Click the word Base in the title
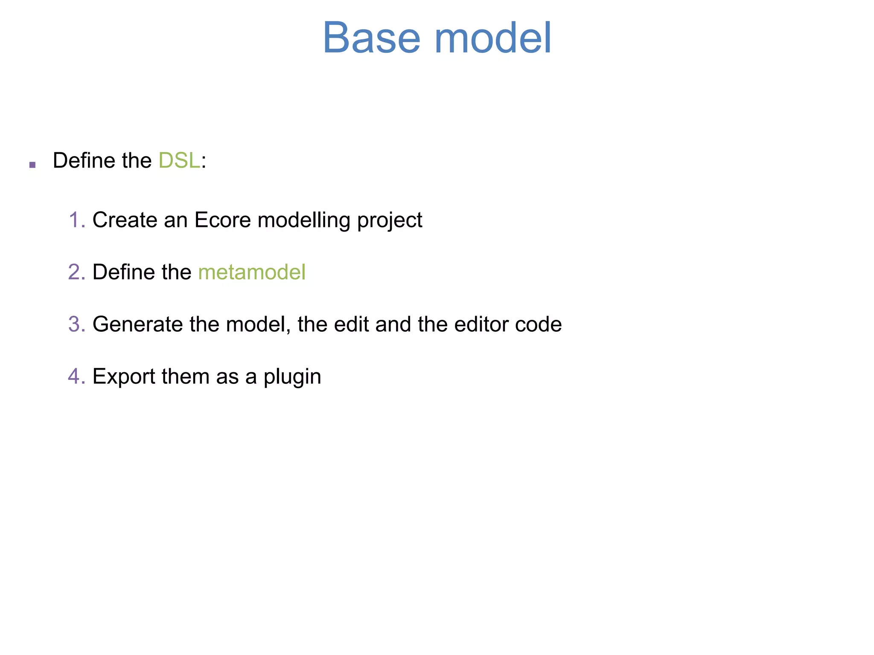pyautogui.click(x=371, y=38)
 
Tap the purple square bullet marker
pyautogui.click(x=32, y=165)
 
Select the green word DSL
pyautogui.click(x=179, y=161)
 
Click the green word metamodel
pyautogui.click(x=252, y=272)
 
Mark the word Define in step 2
pyautogui.click(x=121, y=272)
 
